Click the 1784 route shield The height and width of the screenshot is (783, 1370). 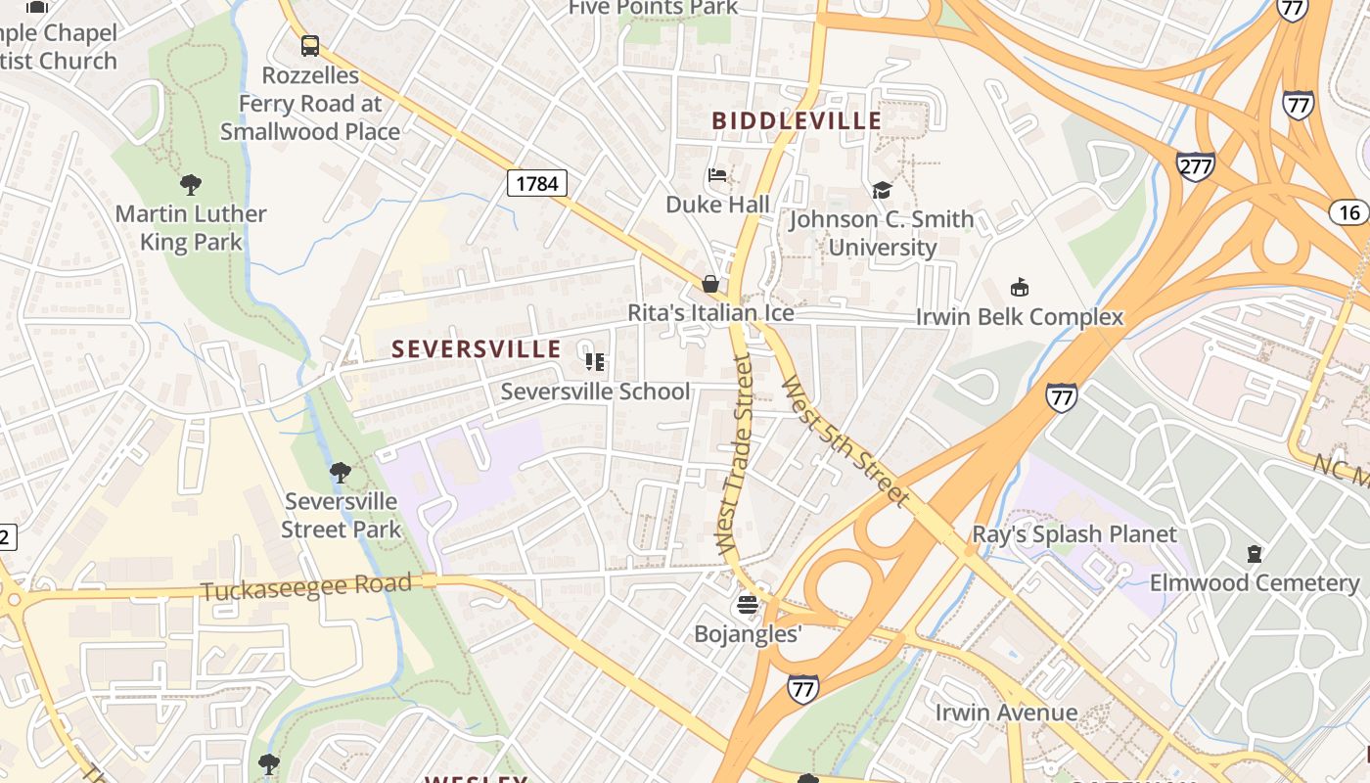click(537, 183)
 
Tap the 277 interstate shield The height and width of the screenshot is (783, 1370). click(1195, 166)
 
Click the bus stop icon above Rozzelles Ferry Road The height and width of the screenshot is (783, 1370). click(310, 45)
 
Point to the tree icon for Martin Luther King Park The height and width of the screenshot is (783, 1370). click(191, 184)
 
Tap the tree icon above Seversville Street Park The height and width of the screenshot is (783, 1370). click(340, 473)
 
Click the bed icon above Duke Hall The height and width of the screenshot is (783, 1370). click(717, 176)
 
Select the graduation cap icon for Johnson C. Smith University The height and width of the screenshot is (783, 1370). click(882, 190)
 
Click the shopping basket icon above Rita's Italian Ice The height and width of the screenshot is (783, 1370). click(710, 284)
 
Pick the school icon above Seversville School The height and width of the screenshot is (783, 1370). click(595, 362)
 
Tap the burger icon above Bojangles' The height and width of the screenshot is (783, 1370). click(748, 605)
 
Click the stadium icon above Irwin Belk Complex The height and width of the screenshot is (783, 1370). click(1019, 288)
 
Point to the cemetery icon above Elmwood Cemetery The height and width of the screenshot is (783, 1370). click(1254, 554)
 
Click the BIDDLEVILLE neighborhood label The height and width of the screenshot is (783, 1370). click(797, 121)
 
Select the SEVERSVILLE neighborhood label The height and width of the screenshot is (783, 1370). click(477, 349)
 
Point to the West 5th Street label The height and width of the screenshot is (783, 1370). click(845, 440)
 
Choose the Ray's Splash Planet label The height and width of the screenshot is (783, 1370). click(1073, 534)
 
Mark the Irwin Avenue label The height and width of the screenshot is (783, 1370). click(1006, 712)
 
